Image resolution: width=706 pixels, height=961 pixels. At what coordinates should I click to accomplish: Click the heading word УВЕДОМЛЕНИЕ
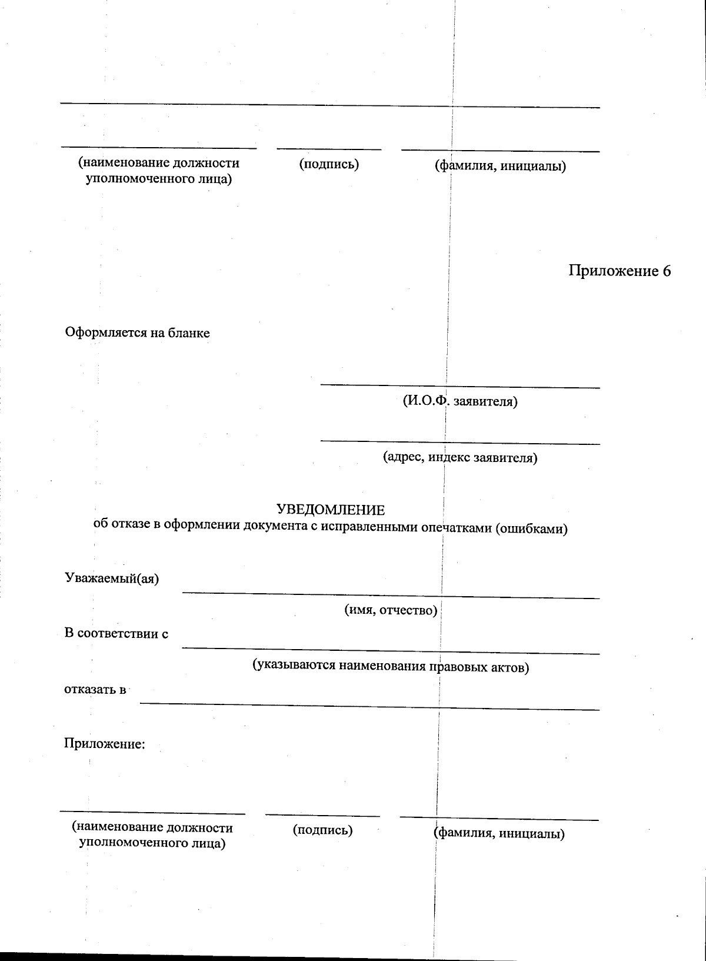[331, 510]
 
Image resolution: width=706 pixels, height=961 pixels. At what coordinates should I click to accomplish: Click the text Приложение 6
[619, 271]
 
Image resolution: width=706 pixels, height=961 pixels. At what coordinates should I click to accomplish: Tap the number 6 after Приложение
[666, 271]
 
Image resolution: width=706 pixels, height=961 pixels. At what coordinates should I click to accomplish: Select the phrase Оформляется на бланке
[137, 333]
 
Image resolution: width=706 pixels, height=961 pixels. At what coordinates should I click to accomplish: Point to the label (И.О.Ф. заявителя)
[460, 402]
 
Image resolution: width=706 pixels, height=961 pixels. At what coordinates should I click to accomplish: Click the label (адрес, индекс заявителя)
[460, 457]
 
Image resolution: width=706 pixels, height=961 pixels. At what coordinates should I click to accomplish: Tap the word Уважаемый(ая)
[111, 578]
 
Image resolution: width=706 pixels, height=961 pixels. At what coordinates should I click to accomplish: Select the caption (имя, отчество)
[391, 610]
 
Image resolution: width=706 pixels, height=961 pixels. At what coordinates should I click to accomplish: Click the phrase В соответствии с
[116, 634]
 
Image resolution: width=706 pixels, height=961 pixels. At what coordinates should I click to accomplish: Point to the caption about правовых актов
[391, 666]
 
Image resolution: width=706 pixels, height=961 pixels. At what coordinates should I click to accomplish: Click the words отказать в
[95, 690]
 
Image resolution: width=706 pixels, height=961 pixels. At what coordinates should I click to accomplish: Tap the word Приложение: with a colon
[104, 744]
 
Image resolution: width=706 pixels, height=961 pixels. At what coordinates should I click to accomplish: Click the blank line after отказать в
[369, 706]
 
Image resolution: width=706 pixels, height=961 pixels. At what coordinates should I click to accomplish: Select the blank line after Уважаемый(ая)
[391, 595]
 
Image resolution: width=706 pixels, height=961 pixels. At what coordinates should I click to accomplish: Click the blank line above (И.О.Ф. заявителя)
[460, 387]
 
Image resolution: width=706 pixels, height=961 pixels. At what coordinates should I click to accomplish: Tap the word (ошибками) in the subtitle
[531, 528]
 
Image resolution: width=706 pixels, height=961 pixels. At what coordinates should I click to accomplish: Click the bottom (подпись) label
[323, 830]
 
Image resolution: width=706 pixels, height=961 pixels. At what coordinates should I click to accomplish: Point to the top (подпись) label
[329, 164]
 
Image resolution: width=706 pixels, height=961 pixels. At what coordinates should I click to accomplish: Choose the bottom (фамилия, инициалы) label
[499, 833]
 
